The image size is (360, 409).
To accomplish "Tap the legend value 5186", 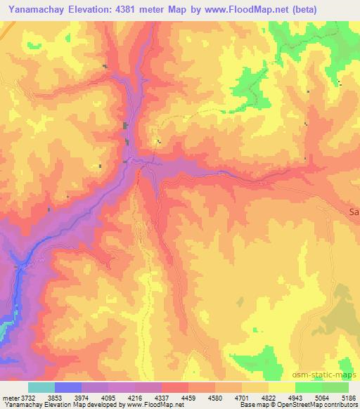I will coord(348,397).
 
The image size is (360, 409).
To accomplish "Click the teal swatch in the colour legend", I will coord(41,387).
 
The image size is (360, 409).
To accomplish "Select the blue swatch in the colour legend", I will coord(67,387).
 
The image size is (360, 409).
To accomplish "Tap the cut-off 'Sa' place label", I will coord(354,211).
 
